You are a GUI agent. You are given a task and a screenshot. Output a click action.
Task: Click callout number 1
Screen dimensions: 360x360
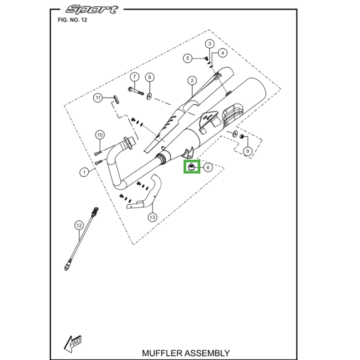point(83,172)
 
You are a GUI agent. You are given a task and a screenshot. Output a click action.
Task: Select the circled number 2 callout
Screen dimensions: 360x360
point(192,81)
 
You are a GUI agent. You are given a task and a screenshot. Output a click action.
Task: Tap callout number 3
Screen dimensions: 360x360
point(210,44)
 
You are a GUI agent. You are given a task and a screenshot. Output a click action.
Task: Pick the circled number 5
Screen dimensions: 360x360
point(189,58)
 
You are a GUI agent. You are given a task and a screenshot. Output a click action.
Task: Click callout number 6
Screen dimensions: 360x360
point(207,167)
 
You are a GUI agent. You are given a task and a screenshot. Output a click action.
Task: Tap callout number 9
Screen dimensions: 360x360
point(247,151)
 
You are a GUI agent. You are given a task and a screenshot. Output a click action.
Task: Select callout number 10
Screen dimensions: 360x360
point(100,135)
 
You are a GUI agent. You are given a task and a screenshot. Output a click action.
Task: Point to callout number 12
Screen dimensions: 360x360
point(79,225)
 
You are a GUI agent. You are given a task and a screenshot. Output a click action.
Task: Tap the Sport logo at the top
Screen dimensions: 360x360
point(92,9)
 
